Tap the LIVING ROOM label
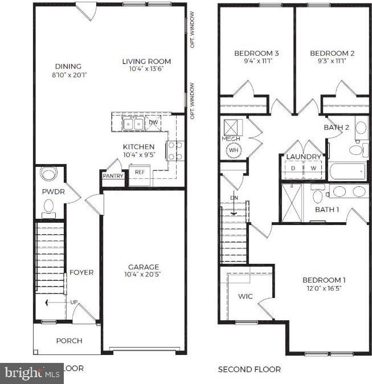click(146, 62)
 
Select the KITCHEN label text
click(138, 146)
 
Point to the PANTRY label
click(113, 176)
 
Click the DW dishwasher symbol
click(153, 122)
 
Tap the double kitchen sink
click(133, 123)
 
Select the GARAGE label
click(144, 267)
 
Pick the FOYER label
click(81, 272)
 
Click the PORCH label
click(69, 341)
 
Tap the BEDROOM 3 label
click(252, 54)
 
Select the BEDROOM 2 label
click(332, 54)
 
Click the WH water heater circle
click(234, 151)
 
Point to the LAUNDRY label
click(304, 157)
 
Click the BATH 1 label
click(327, 210)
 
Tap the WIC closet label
click(245, 296)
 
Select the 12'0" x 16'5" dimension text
click(324, 288)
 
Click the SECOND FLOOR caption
click(249, 369)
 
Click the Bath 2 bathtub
click(347, 171)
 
